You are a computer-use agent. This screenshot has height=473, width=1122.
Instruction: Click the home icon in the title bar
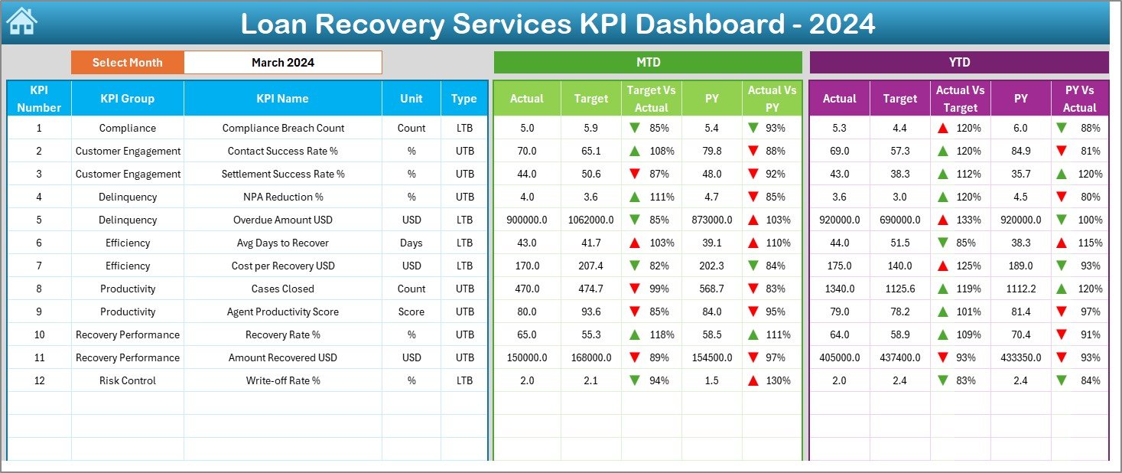click(x=21, y=22)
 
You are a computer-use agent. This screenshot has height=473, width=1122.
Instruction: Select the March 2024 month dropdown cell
click(x=282, y=63)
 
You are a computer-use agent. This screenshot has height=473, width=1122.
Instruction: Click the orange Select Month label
click(x=127, y=63)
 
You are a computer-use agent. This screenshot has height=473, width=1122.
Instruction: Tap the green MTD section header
click(x=648, y=63)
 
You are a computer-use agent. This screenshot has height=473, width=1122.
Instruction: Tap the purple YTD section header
click(x=958, y=63)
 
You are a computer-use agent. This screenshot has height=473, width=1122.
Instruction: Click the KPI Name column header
click(x=282, y=99)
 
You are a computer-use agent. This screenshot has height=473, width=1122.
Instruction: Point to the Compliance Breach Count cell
click(x=283, y=128)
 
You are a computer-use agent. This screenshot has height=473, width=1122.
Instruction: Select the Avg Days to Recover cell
click(x=283, y=243)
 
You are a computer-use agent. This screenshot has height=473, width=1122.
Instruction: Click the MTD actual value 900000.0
click(x=526, y=220)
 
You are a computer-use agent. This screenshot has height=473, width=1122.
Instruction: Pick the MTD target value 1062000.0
click(x=590, y=220)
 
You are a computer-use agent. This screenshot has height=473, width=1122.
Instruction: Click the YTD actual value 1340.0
click(x=839, y=289)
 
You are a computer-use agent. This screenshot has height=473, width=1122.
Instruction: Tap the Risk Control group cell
click(x=128, y=380)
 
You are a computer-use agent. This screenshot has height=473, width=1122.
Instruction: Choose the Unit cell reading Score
click(x=411, y=312)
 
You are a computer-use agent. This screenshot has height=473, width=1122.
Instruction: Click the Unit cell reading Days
click(x=411, y=243)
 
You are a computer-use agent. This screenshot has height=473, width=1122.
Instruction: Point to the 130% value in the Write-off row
click(x=780, y=380)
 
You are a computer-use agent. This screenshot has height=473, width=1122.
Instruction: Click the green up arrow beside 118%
click(x=635, y=334)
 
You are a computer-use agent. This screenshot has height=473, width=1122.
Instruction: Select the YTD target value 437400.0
click(x=899, y=357)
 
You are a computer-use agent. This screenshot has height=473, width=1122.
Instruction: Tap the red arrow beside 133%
click(x=944, y=220)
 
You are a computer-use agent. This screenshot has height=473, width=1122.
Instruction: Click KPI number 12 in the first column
click(x=39, y=380)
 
